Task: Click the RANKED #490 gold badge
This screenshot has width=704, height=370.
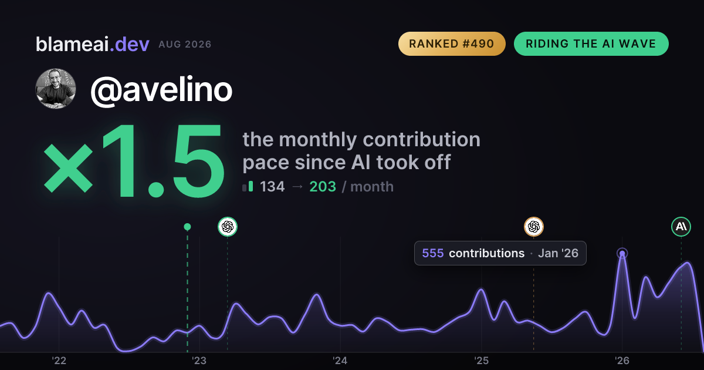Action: click(x=452, y=43)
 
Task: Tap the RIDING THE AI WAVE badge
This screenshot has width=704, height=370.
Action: click(x=591, y=43)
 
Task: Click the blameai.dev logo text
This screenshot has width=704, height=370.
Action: click(x=93, y=44)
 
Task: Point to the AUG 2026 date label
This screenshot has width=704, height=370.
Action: click(x=185, y=45)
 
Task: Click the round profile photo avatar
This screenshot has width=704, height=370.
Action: click(x=56, y=89)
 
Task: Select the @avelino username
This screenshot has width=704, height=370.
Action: click(x=161, y=90)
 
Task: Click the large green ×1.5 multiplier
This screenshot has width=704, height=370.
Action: click(x=134, y=160)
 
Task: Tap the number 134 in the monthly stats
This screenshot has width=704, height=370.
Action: click(x=272, y=187)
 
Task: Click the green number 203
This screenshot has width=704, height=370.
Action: click(x=323, y=187)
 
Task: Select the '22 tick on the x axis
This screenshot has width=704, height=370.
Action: click(x=59, y=361)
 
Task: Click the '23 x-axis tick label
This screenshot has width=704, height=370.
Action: click(x=199, y=361)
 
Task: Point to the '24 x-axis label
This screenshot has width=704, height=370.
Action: click(x=340, y=361)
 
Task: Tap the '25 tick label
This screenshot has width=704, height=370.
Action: click(x=481, y=361)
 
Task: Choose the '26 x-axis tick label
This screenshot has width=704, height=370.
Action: click(x=622, y=361)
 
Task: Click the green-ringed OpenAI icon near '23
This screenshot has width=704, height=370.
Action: click(x=228, y=227)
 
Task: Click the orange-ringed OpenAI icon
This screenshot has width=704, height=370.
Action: click(x=534, y=227)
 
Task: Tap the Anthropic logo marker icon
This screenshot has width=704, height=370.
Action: click(x=681, y=227)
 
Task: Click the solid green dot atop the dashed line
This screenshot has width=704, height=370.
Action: click(x=187, y=227)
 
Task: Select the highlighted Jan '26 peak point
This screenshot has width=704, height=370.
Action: click(x=622, y=253)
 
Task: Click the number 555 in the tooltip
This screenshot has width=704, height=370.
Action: click(x=433, y=253)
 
